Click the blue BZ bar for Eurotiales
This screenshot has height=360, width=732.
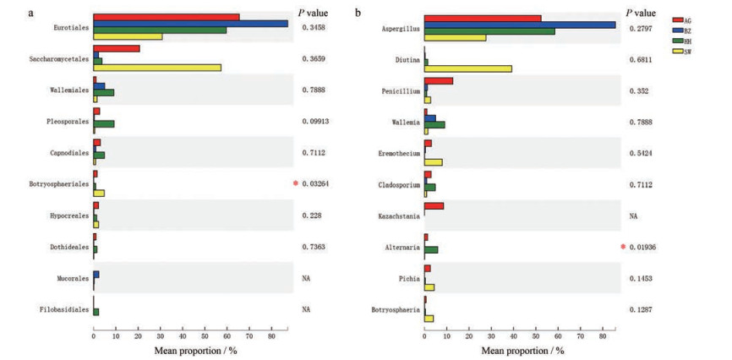[x=190, y=24]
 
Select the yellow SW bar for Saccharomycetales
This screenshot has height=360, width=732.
[x=157, y=68]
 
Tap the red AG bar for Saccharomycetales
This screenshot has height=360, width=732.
[x=117, y=49]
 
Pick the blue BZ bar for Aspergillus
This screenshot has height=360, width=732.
[x=520, y=25]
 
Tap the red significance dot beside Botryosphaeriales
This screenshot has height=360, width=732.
[x=296, y=183]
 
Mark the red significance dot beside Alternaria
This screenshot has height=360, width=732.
[x=623, y=247]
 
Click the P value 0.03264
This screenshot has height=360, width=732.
[x=318, y=183]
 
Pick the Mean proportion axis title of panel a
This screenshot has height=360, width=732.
[x=193, y=349]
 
